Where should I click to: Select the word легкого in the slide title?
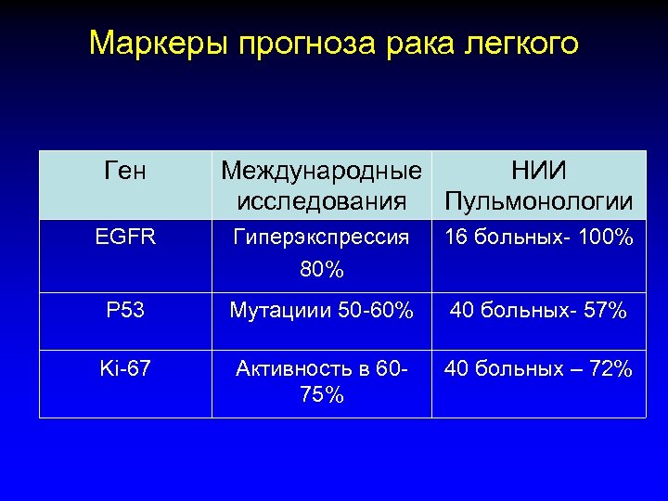[520, 44]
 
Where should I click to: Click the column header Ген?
[125, 172]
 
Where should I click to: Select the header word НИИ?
[539, 172]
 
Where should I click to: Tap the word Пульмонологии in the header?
[539, 200]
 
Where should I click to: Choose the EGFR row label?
[125, 238]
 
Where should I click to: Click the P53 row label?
[125, 310]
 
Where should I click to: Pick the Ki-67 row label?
[125, 368]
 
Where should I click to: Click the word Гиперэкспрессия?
[321, 238]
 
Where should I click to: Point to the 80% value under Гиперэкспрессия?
[321, 270]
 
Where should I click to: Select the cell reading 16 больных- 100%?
[539, 238]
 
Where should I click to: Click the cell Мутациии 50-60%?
[321, 310]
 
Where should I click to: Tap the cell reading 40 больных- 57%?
[539, 310]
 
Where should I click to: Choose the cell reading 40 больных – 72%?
[539, 368]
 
